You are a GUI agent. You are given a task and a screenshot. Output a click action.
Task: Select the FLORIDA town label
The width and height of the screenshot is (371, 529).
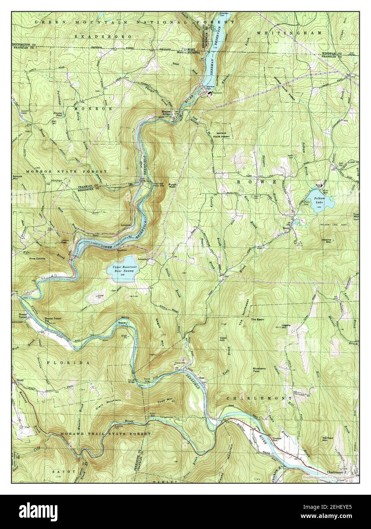click(68, 363)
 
